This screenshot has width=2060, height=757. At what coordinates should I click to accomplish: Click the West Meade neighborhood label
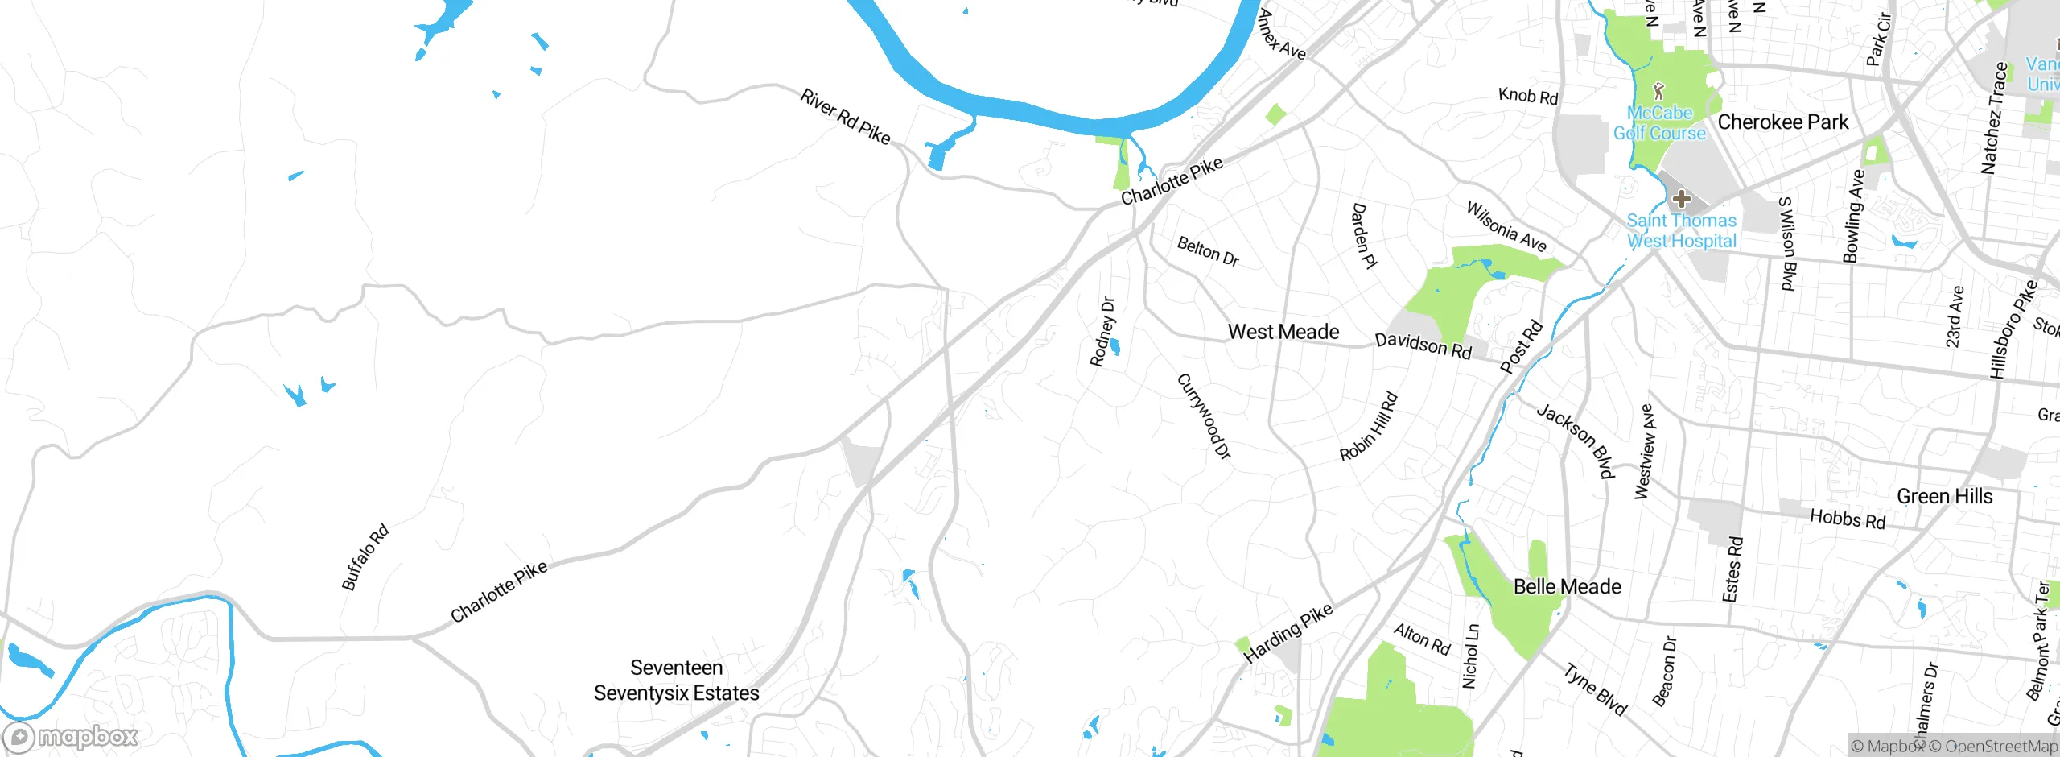(x=1283, y=332)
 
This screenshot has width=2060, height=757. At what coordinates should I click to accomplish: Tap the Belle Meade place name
(x=1567, y=586)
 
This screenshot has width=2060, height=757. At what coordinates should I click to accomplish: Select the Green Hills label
(x=1944, y=496)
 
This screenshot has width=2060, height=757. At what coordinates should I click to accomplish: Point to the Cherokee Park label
(x=1782, y=122)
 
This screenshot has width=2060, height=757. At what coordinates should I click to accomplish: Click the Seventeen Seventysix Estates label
(x=676, y=680)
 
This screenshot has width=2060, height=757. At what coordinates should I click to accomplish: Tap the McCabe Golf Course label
(x=1659, y=123)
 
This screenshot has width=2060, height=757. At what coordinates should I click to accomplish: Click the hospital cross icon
(x=1681, y=198)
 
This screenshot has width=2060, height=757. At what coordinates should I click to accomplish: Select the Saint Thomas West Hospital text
(x=1681, y=230)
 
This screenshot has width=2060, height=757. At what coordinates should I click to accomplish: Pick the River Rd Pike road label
(x=845, y=118)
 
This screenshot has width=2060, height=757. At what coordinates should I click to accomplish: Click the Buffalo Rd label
(x=365, y=557)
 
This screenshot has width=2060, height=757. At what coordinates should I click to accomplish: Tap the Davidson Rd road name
(x=1423, y=345)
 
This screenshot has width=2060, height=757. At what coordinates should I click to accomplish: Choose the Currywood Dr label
(x=1204, y=416)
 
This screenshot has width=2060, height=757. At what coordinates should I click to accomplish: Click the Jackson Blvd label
(x=1576, y=441)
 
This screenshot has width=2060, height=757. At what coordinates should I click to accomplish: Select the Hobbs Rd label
(x=1848, y=519)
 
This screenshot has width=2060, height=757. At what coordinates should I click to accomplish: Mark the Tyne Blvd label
(x=1595, y=689)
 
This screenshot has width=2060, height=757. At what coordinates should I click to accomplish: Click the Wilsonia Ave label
(x=1506, y=226)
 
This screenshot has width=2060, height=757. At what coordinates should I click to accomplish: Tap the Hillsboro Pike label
(x=2013, y=329)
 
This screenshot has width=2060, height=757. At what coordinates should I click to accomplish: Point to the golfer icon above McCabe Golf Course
(x=1658, y=90)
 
